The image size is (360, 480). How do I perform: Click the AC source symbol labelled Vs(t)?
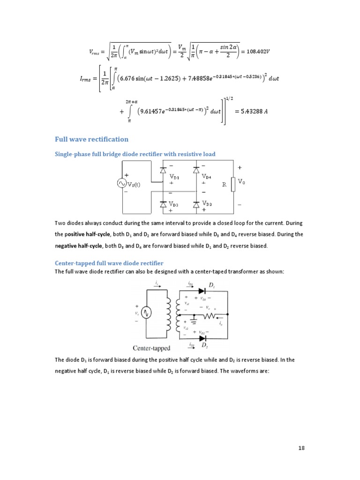click(122, 184)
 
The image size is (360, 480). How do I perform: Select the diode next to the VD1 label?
click(163, 171)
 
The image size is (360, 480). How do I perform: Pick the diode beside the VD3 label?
click(163, 204)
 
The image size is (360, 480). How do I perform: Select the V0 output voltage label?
click(241, 181)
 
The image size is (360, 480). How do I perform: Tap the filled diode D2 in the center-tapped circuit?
click(202, 337)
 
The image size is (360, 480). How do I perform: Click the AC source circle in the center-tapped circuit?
click(145, 313)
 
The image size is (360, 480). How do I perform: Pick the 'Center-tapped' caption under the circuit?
click(151, 348)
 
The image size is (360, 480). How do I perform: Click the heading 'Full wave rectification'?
click(91, 139)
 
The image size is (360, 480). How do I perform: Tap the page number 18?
click(301, 448)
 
